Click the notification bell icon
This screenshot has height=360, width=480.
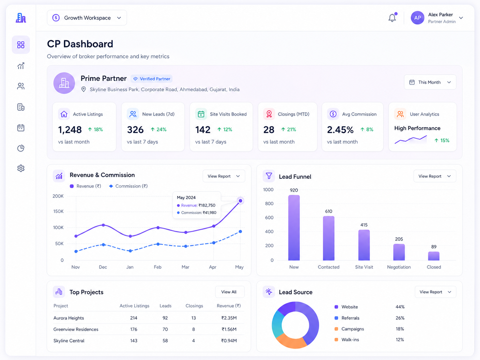click(x=392, y=18)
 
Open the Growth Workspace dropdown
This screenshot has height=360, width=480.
click(x=87, y=18)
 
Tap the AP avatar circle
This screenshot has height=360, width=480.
click(x=417, y=18)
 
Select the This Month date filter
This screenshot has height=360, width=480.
click(x=430, y=82)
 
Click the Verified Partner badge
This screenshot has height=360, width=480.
click(x=151, y=79)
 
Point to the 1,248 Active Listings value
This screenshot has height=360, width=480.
click(x=70, y=130)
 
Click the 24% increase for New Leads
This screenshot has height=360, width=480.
click(x=158, y=129)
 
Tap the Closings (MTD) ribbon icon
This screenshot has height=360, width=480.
click(x=269, y=114)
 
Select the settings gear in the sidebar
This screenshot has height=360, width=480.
click(x=21, y=168)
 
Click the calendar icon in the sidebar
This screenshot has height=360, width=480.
click(x=21, y=128)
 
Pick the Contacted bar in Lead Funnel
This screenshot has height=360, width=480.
click(x=329, y=238)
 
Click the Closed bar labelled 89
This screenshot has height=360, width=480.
click(x=434, y=256)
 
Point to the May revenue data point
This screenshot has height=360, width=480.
click(x=240, y=201)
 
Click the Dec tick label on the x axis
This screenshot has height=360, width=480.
click(x=103, y=267)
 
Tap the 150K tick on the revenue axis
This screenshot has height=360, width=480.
click(x=58, y=211)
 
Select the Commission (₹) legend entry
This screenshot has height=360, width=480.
click(x=128, y=186)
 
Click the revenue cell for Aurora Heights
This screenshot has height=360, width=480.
click(x=229, y=318)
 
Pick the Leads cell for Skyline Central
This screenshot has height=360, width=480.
click(x=165, y=340)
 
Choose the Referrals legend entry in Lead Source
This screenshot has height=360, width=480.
click(x=347, y=318)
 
